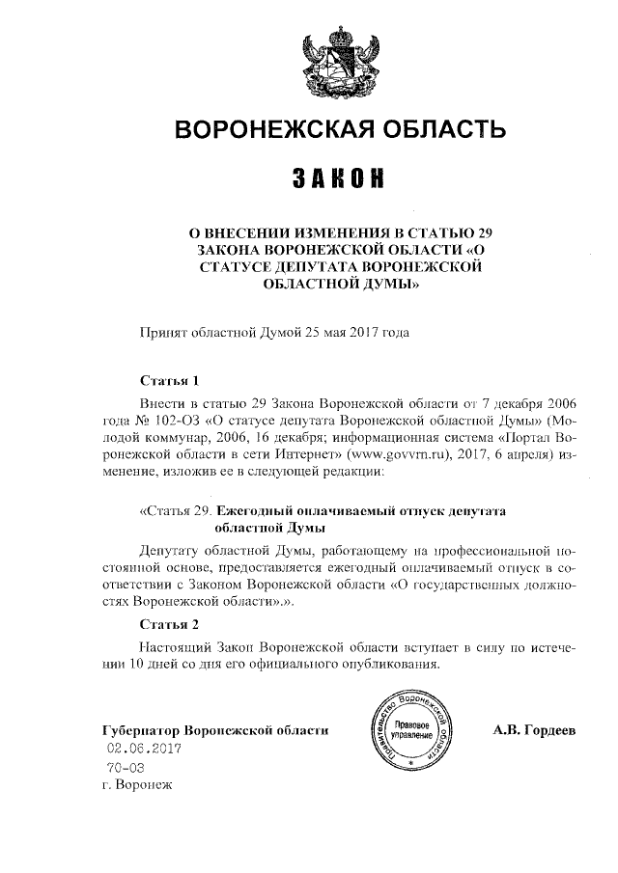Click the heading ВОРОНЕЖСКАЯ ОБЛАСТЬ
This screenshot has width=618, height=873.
coord(337,130)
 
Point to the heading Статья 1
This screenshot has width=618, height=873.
coord(169,379)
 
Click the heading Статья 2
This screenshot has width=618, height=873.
coord(169,625)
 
